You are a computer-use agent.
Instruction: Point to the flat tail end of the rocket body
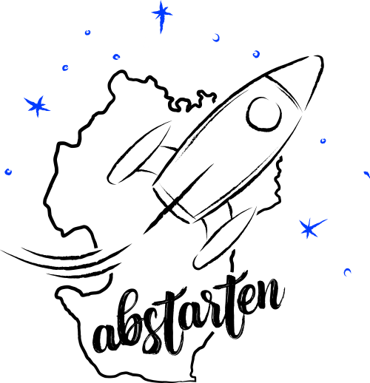(172, 205)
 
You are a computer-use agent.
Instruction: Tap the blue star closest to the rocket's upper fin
(37, 106)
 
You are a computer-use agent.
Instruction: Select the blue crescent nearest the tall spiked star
(216, 38)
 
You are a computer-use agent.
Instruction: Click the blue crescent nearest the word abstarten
(347, 272)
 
